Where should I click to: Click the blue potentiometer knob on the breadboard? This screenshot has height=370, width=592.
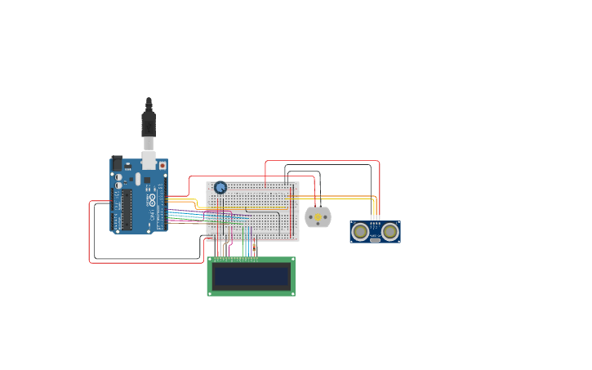click(220, 187)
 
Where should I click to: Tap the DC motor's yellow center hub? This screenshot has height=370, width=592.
click(318, 217)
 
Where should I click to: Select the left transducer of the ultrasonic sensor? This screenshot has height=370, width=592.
click(360, 232)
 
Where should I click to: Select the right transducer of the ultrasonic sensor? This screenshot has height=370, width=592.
click(390, 232)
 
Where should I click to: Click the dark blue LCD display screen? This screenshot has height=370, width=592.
click(251, 276)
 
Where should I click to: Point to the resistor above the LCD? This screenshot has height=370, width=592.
click(254, 246)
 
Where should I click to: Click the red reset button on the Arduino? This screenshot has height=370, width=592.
click(162, 166)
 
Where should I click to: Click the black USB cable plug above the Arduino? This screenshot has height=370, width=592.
click(149, 123)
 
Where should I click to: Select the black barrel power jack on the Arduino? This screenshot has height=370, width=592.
click(117, 163)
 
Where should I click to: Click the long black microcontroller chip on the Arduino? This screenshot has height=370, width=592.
click(127, 210)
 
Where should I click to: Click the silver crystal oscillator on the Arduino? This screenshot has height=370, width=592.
click(138, 178)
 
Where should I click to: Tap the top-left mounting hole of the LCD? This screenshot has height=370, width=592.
click(211, 261)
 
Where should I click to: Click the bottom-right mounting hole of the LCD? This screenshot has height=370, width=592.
click(291, 292)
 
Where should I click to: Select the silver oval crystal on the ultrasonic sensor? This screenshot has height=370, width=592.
click(375, 240)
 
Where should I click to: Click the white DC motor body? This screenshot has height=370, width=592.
click(318, 217)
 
